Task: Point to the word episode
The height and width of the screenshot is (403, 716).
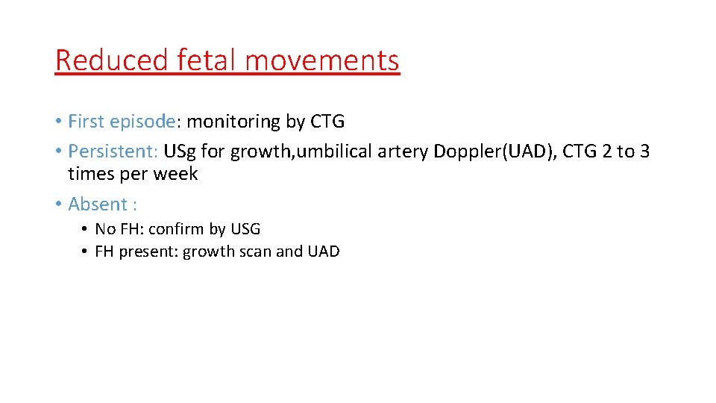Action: pyautogui.click(x=143, y=122)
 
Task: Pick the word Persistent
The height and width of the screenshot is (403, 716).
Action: pyautogui.click(x=110, y=151)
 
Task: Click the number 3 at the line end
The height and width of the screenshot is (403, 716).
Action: pyautogui.click(x=644, y=151)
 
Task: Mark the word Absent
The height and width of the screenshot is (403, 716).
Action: pyautogui.click(x=98, y=204)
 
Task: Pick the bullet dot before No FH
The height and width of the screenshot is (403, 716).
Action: pyautogui.click(x=86, y=229)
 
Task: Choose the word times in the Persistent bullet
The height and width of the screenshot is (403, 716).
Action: pyautogui.click(x=89, y=174)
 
